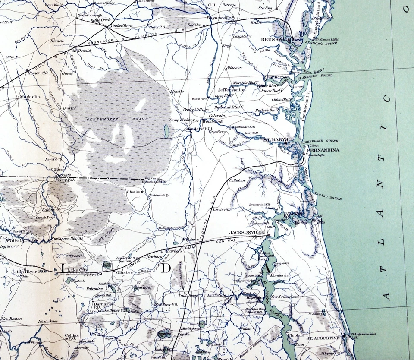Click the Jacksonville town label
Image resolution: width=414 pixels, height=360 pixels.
tap(247, 232)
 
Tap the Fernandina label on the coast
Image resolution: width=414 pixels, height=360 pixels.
tap(323, 150)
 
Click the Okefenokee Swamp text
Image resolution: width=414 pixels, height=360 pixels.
tap(117, 119)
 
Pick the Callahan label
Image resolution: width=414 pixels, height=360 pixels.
tap(237, 180)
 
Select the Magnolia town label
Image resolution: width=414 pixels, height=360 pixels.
tap(30, 97)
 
